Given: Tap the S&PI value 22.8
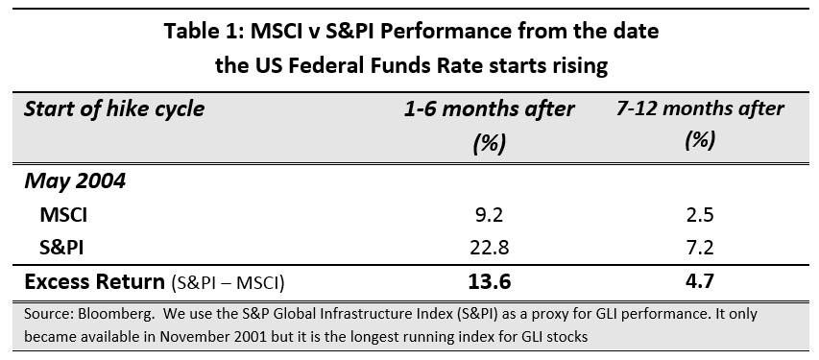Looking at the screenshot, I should pos(489,247).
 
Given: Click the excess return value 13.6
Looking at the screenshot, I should pos(489,283).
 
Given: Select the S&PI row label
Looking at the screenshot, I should pos(62,248).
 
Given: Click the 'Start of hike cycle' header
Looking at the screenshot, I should pos(113,108).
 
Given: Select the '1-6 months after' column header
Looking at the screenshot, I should pos(489,108).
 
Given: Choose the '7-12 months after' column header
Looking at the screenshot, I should pos(700,108).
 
